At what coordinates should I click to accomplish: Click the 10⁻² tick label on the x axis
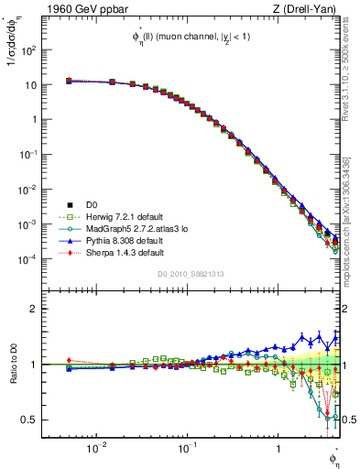click(95, 449)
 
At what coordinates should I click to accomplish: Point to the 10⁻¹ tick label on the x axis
click(186, 449)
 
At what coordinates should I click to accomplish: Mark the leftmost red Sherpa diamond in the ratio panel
click(69, 361)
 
